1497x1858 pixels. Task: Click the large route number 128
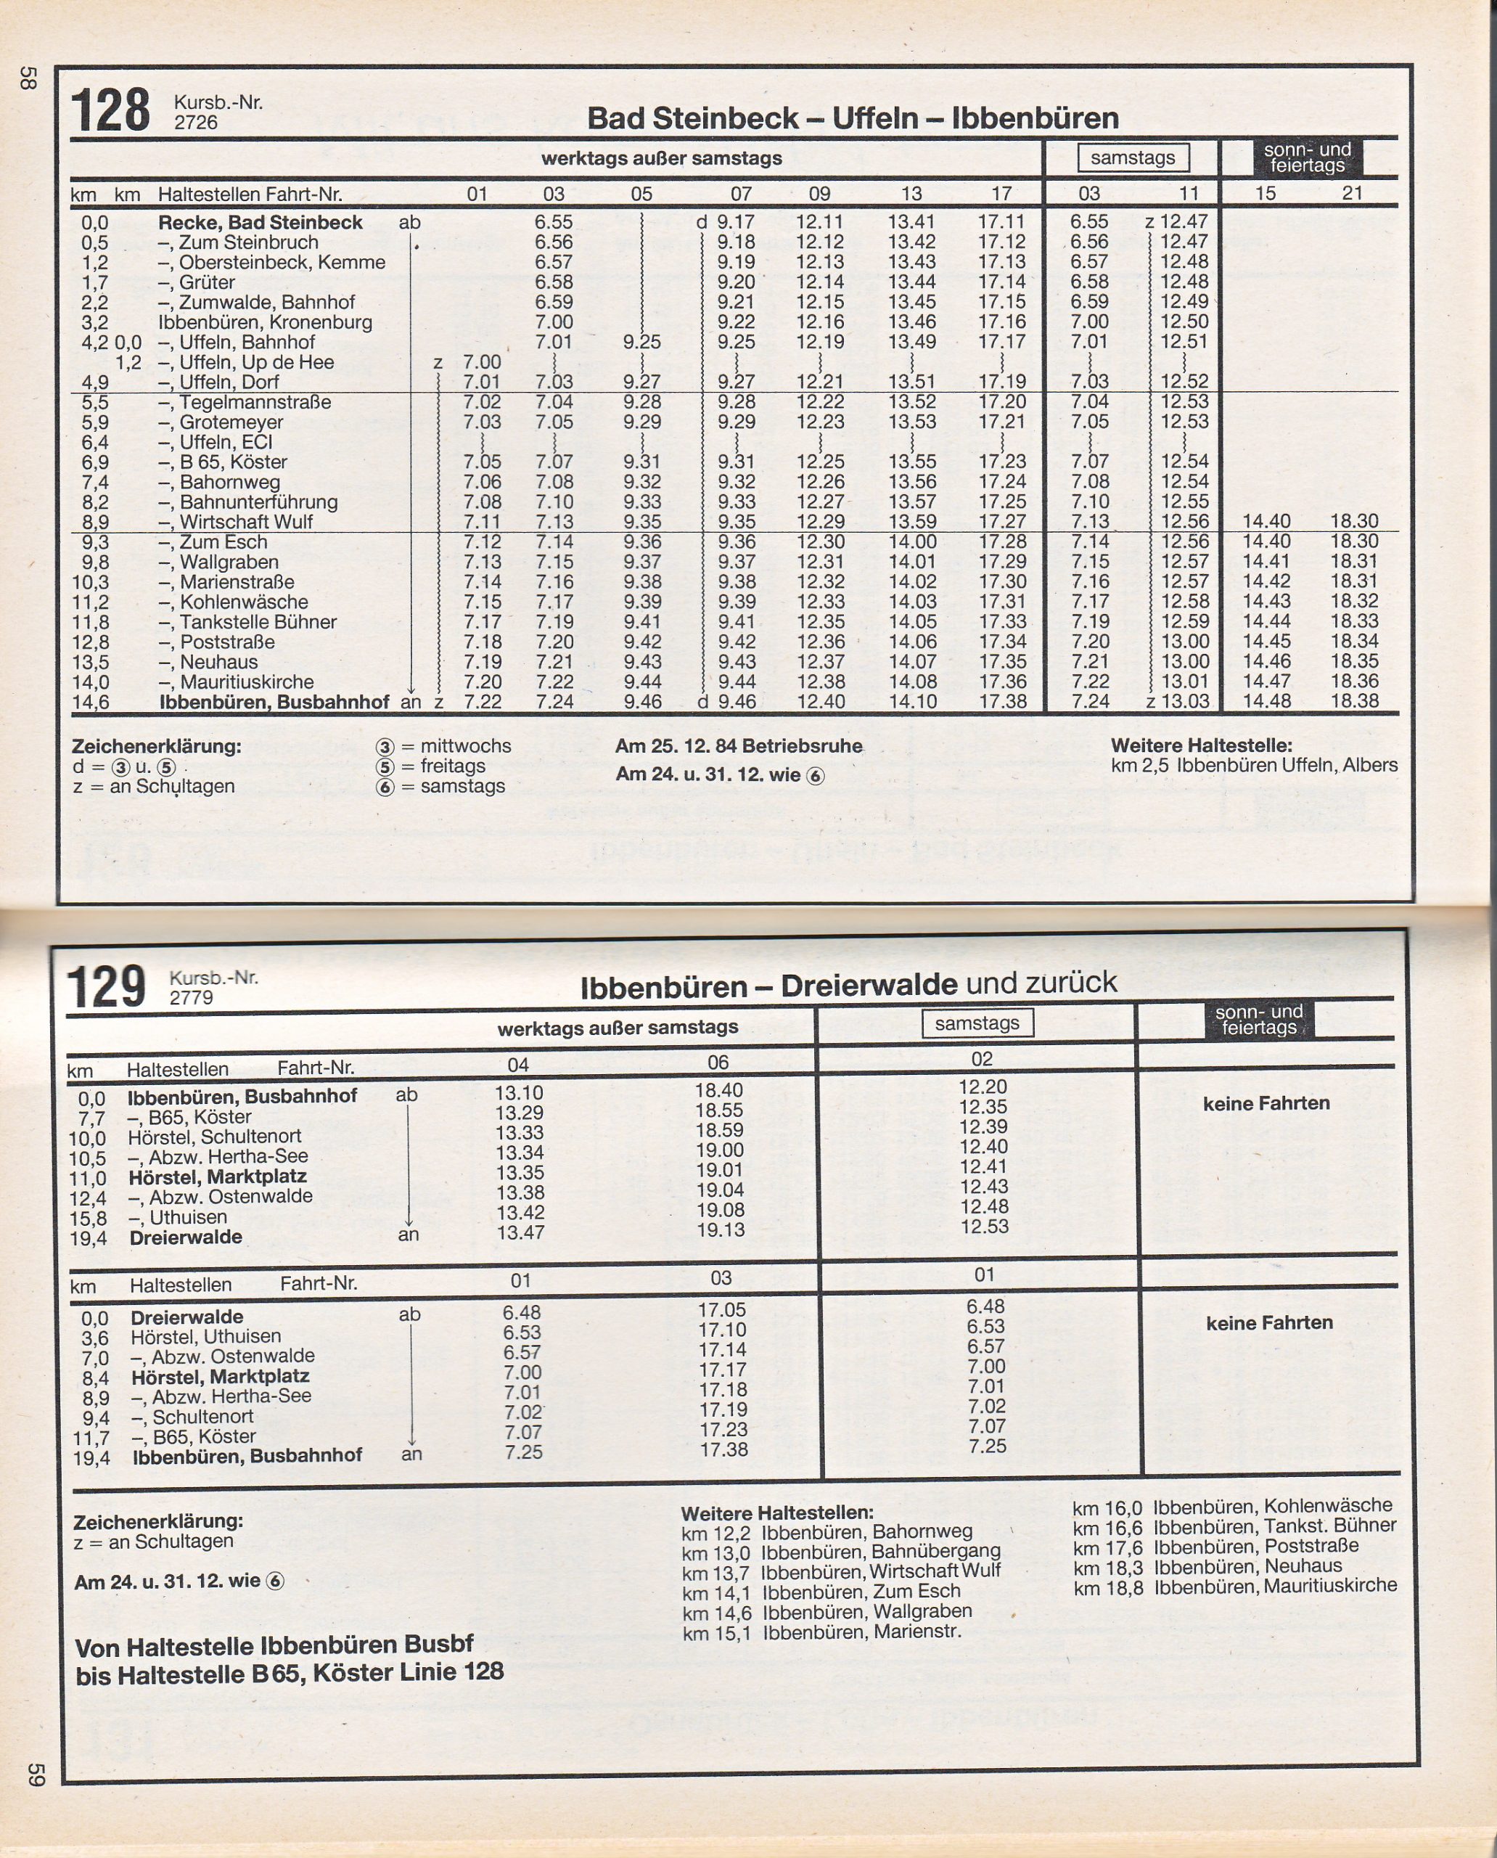click(110, 110)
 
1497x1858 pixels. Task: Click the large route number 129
click(106, 987)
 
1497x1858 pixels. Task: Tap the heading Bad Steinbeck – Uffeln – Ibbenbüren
click(852, 118)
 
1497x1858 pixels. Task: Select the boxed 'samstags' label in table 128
click(1132, 157)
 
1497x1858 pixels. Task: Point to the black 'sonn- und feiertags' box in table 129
click(1258, 1020)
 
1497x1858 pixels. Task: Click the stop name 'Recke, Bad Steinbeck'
click(260, 223)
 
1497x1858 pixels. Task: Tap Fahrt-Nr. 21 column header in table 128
click(1351, 193)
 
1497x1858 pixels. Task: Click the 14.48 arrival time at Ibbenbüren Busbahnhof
click(1266, 701)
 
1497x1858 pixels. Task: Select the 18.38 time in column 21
click(1354, 701)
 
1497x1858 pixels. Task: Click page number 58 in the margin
click(27, 78)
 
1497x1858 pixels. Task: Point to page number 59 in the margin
click(35, 1775)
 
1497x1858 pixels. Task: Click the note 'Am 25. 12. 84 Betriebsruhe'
click(738, 746)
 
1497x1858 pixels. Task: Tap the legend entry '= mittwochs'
click(455, 746)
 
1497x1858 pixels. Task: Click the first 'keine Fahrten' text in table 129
click(1266, 1103)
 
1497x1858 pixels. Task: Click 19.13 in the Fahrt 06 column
click(720, 1230)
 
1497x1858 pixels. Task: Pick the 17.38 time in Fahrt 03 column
click(723, 1449)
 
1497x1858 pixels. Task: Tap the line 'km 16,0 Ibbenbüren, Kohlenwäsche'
click(1232, 1507)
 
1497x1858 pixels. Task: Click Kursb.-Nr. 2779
click(192, 998)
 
